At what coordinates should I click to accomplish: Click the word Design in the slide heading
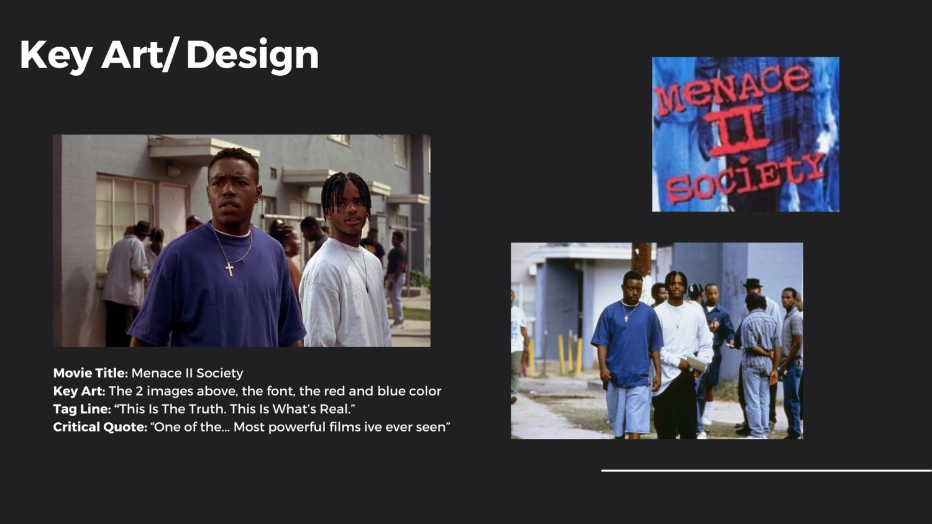(252, 55)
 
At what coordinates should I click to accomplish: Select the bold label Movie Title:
(91, 373)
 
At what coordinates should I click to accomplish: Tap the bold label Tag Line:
(82, 409)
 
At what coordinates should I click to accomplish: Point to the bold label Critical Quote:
(100, 427)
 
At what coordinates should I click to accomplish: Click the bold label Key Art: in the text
(79, 391)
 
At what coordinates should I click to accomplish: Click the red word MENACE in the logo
(733, 89)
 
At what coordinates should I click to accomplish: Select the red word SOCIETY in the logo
(745, 178)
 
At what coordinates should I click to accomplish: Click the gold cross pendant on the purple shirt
(229, 269)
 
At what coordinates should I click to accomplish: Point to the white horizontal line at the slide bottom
(766, 471)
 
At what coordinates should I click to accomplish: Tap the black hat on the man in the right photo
(752, 283)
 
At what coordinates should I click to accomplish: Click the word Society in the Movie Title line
(220, 374)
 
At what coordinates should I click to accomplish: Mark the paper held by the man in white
(696, 364)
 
